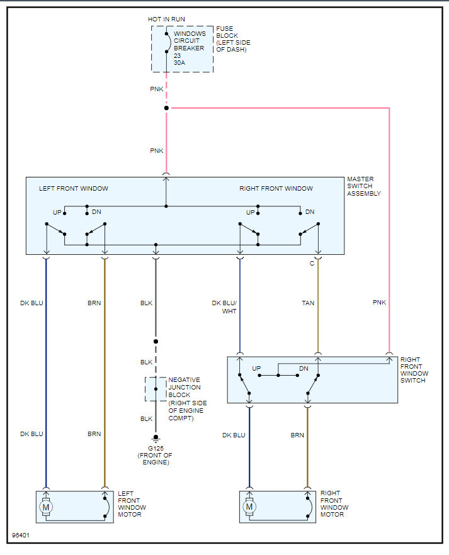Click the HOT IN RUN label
[167, 20]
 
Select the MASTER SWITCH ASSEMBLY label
[364, 186]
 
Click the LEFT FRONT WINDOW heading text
[74, 188]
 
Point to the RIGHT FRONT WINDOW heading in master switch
[276, 188]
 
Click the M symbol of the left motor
[45, 506]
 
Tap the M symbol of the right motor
[249, 506]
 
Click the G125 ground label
[154, 447]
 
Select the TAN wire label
[308, 303]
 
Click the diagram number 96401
[21, 536]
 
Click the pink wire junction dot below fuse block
[166, 108]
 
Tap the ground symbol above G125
[155, 439]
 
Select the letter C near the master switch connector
[311, 264]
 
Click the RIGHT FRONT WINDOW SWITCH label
[414, 370]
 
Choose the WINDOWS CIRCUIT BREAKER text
[190, 41]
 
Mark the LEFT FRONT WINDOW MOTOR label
[132, 504]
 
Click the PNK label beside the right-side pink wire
[379, 303]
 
